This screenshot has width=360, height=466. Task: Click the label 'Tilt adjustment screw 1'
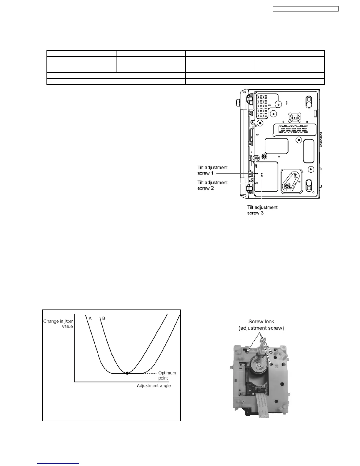coord(212,170)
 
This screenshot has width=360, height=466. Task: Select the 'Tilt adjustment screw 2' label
coord(212,185)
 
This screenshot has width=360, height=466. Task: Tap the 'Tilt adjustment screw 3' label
coord(262,210)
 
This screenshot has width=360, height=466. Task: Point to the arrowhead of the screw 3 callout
coord(262,174)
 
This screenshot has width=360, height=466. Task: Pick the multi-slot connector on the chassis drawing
coord(294,129)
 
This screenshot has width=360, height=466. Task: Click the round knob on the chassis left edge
coord(238,103)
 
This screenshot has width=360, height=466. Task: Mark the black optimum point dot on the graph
coord(127,373)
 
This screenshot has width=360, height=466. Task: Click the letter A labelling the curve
coord(90,318)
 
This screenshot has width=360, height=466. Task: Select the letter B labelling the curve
coord(104,318)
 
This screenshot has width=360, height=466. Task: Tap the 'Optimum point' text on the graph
coord(167,375)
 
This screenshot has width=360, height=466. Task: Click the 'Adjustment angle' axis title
coord(154,386)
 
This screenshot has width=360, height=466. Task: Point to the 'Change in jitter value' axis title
coord(58,324)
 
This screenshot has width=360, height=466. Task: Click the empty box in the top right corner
coord(305,9)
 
